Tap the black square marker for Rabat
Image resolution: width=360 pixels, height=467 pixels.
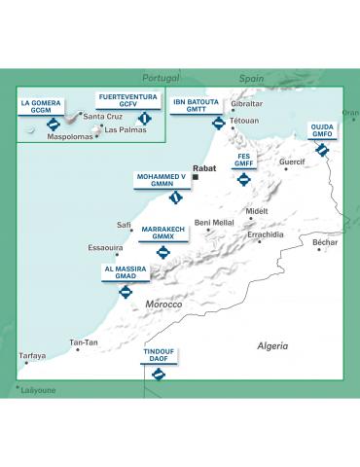(x=195, y=177)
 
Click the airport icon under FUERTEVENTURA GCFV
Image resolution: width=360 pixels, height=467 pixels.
(x=144, y=119)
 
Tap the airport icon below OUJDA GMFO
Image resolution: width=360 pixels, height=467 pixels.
(x=321, y=150)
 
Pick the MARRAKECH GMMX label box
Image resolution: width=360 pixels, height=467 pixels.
(x=163, y=233)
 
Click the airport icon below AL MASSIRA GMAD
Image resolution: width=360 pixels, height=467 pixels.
(x=125, y=291)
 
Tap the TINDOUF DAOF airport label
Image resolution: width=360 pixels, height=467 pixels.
(x=158, y=355)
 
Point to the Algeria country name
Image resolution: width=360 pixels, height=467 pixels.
(x=272, y=345)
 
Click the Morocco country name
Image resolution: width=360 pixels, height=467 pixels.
(x=163, y=305)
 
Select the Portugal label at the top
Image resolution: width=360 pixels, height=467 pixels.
(x=162, y=78)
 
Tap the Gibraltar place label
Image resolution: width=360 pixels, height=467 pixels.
(x=247, y=103)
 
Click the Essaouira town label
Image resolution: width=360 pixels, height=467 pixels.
(x=105, y=247)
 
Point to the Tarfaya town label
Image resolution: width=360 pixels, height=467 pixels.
(x=32, y=355)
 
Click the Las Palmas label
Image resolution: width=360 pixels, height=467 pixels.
(x=125, y=129)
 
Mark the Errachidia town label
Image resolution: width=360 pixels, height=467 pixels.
(x=265, y=234)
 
